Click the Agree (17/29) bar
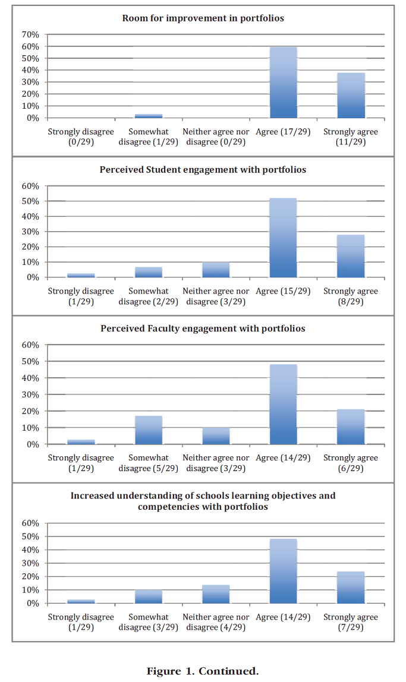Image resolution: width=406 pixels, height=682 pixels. tap(284, 83)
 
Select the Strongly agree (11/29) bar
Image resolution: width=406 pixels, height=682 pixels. tap(351, 95)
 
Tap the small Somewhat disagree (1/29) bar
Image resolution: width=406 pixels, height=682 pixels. tap(149, 116)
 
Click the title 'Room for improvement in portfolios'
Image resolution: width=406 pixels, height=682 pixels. tap(203, 18)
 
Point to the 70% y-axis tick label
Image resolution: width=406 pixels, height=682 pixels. tap(30, 34)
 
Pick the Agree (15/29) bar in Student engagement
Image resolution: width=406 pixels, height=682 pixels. tap(284, 238)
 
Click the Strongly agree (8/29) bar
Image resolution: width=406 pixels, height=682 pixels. tap(351, 256)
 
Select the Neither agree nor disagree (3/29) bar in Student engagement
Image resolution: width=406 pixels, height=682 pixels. tap(216, 270)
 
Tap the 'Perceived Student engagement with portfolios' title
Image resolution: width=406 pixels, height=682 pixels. tap(203, 170)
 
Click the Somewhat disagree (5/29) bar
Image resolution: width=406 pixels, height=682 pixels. tap(149, 430)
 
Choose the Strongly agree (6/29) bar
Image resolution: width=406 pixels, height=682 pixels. tap(351, 427)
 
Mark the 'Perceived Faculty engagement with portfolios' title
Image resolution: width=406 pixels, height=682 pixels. tap(203, 329)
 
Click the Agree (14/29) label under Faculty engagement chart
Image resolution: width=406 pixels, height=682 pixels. tap(284, 457)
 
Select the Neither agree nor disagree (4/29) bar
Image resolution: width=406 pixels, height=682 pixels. tap(216, 594)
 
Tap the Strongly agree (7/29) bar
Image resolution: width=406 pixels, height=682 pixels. tap(351, 588)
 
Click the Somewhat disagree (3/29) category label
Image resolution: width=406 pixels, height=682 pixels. tap(149, 622)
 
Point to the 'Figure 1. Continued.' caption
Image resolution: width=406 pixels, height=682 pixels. tap(203, 671)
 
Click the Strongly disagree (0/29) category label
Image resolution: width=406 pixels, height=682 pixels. tap(81, 137)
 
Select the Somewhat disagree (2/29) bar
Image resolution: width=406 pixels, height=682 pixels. tap(149, 272)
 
